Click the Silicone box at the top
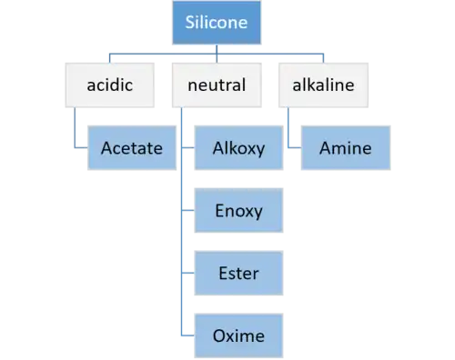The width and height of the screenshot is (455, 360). (217, 23)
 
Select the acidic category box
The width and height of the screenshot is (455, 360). (110, 85)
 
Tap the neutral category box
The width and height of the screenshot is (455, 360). (217, 85)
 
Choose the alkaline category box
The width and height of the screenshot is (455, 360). (324, 85)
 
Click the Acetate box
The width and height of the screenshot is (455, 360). (132, 148)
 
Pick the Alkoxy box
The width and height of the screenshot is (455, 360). (238, 148)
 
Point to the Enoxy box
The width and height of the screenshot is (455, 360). (238, 210)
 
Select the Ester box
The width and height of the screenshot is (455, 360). (238, 273)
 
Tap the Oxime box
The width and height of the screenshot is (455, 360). (238, 335)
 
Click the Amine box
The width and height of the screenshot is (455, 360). (346, 148)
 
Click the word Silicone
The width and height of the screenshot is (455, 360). (217, 23)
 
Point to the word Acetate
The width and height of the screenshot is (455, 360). (132, 148)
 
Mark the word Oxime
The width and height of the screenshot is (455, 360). (238, 335)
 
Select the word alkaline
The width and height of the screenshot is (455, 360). (323, 85)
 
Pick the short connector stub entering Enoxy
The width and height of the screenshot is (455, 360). (188, 210)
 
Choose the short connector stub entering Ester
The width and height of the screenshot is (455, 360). (188, 273)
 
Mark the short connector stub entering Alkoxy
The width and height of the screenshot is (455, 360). (188, 147)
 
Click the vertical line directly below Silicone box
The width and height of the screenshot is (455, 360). (217, 54)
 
